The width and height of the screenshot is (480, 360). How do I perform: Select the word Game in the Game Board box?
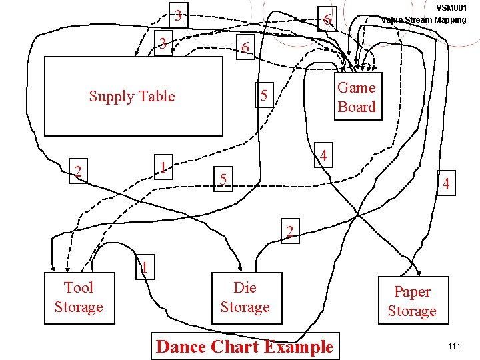pos(357,87)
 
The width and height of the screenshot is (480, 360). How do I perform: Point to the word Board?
pos(357,107)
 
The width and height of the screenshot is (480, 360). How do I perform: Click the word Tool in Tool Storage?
pos(79,287)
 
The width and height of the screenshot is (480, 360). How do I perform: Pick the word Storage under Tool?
pos(79,307)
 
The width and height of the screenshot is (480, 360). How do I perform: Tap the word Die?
pos(245,287)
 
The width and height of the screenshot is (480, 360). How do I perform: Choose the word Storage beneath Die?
pos(245,307)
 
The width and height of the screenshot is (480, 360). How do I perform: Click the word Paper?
pos(412,292)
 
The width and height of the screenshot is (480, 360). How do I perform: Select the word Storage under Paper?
pos(412,311)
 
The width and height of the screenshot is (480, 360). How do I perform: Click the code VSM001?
pos(451,7)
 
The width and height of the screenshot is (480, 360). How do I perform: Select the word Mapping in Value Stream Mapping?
pos(450,19)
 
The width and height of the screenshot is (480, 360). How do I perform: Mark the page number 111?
pos(455,346)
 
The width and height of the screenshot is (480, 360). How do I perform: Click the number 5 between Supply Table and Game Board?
pos(264,97)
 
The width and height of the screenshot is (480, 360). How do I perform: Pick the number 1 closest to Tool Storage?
pos(143,268)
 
